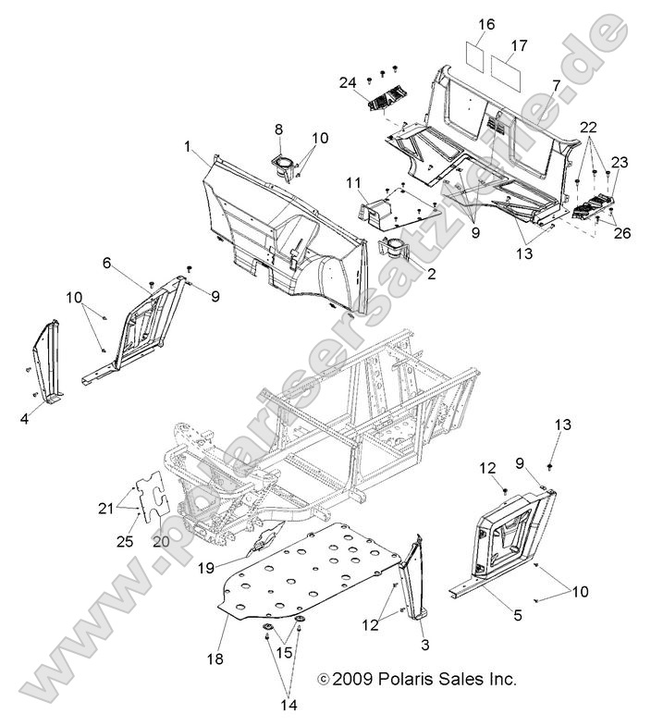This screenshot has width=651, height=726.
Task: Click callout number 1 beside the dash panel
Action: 188,147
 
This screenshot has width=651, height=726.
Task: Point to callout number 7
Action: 556,85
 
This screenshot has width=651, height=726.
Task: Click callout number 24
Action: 348,83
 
